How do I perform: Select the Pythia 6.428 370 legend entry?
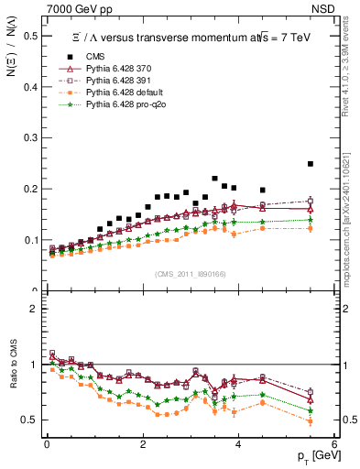tap(110, 70)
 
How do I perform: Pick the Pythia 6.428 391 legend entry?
tap(110, 82)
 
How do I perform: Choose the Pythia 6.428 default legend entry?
tap(114, 93)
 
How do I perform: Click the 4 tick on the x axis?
tap(238, 444)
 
